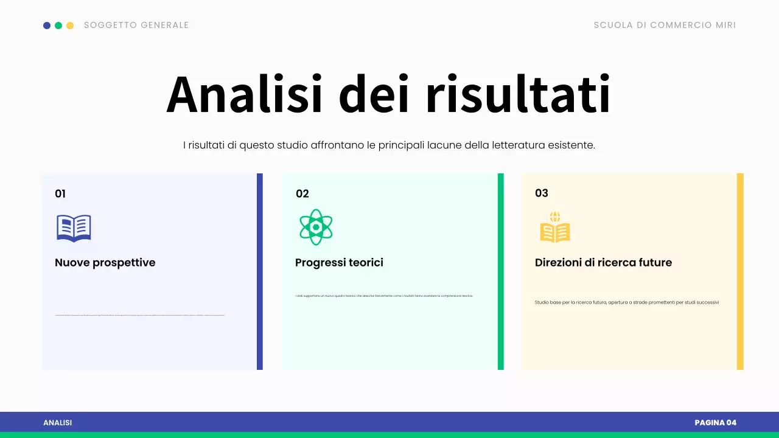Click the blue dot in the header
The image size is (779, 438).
[x=47, y=26]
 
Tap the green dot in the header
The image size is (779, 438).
[x=58, y=26]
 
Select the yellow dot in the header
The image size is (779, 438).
[x=70, y=26]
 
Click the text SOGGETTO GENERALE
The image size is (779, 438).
[x=136, y=26]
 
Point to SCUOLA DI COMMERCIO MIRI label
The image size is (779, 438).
[x=665, y=26]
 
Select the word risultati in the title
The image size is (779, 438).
[x=518, y=95]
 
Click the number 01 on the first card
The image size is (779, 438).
[x=60, y=194]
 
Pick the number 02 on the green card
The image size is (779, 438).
[x=302, y=194]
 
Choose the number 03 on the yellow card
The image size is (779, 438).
[x=542, y=193]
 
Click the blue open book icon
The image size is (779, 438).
[x=74, y=228]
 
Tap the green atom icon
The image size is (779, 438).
[x=316, y=227]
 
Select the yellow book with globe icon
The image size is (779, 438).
[x=555, y=228]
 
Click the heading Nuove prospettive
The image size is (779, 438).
[x=105, y=263]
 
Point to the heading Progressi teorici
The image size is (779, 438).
[x=339, y=263]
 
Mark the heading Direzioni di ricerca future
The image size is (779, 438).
[x=603, y=263]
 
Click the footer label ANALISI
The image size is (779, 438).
[x=57, y=423]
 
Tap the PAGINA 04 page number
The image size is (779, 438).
[x=715, y=423]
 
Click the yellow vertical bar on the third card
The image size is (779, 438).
[x=740, y=271]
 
